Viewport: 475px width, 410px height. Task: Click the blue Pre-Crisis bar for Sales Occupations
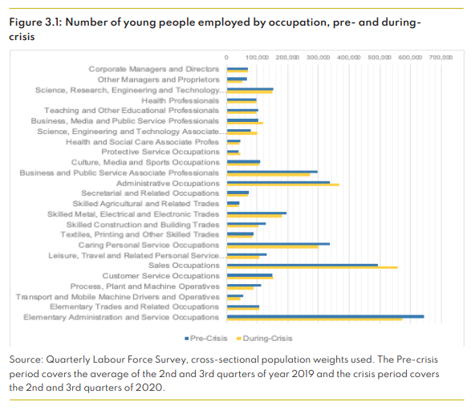point(302,264)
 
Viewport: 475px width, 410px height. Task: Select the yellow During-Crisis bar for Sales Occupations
point(312,267)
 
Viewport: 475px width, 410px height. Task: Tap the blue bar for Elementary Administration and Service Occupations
point(325,316)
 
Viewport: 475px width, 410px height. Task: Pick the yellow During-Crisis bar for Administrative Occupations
point(283,185)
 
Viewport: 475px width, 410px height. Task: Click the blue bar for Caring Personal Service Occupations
point(278,243)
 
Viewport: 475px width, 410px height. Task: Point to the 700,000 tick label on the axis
point(440,58)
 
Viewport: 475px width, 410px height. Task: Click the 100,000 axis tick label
point(258,58)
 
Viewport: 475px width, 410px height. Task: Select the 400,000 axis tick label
point(349,58)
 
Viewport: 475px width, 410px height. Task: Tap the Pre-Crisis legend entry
point(209,337)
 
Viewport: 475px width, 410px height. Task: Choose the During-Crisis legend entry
point(260,337)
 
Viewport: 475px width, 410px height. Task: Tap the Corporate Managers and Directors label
point(153,69)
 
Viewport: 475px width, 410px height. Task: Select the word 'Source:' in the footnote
point(28,360)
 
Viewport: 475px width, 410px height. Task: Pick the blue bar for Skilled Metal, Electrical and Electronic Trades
point(257,213)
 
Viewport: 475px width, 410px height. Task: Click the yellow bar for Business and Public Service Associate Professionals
point(268,174)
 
